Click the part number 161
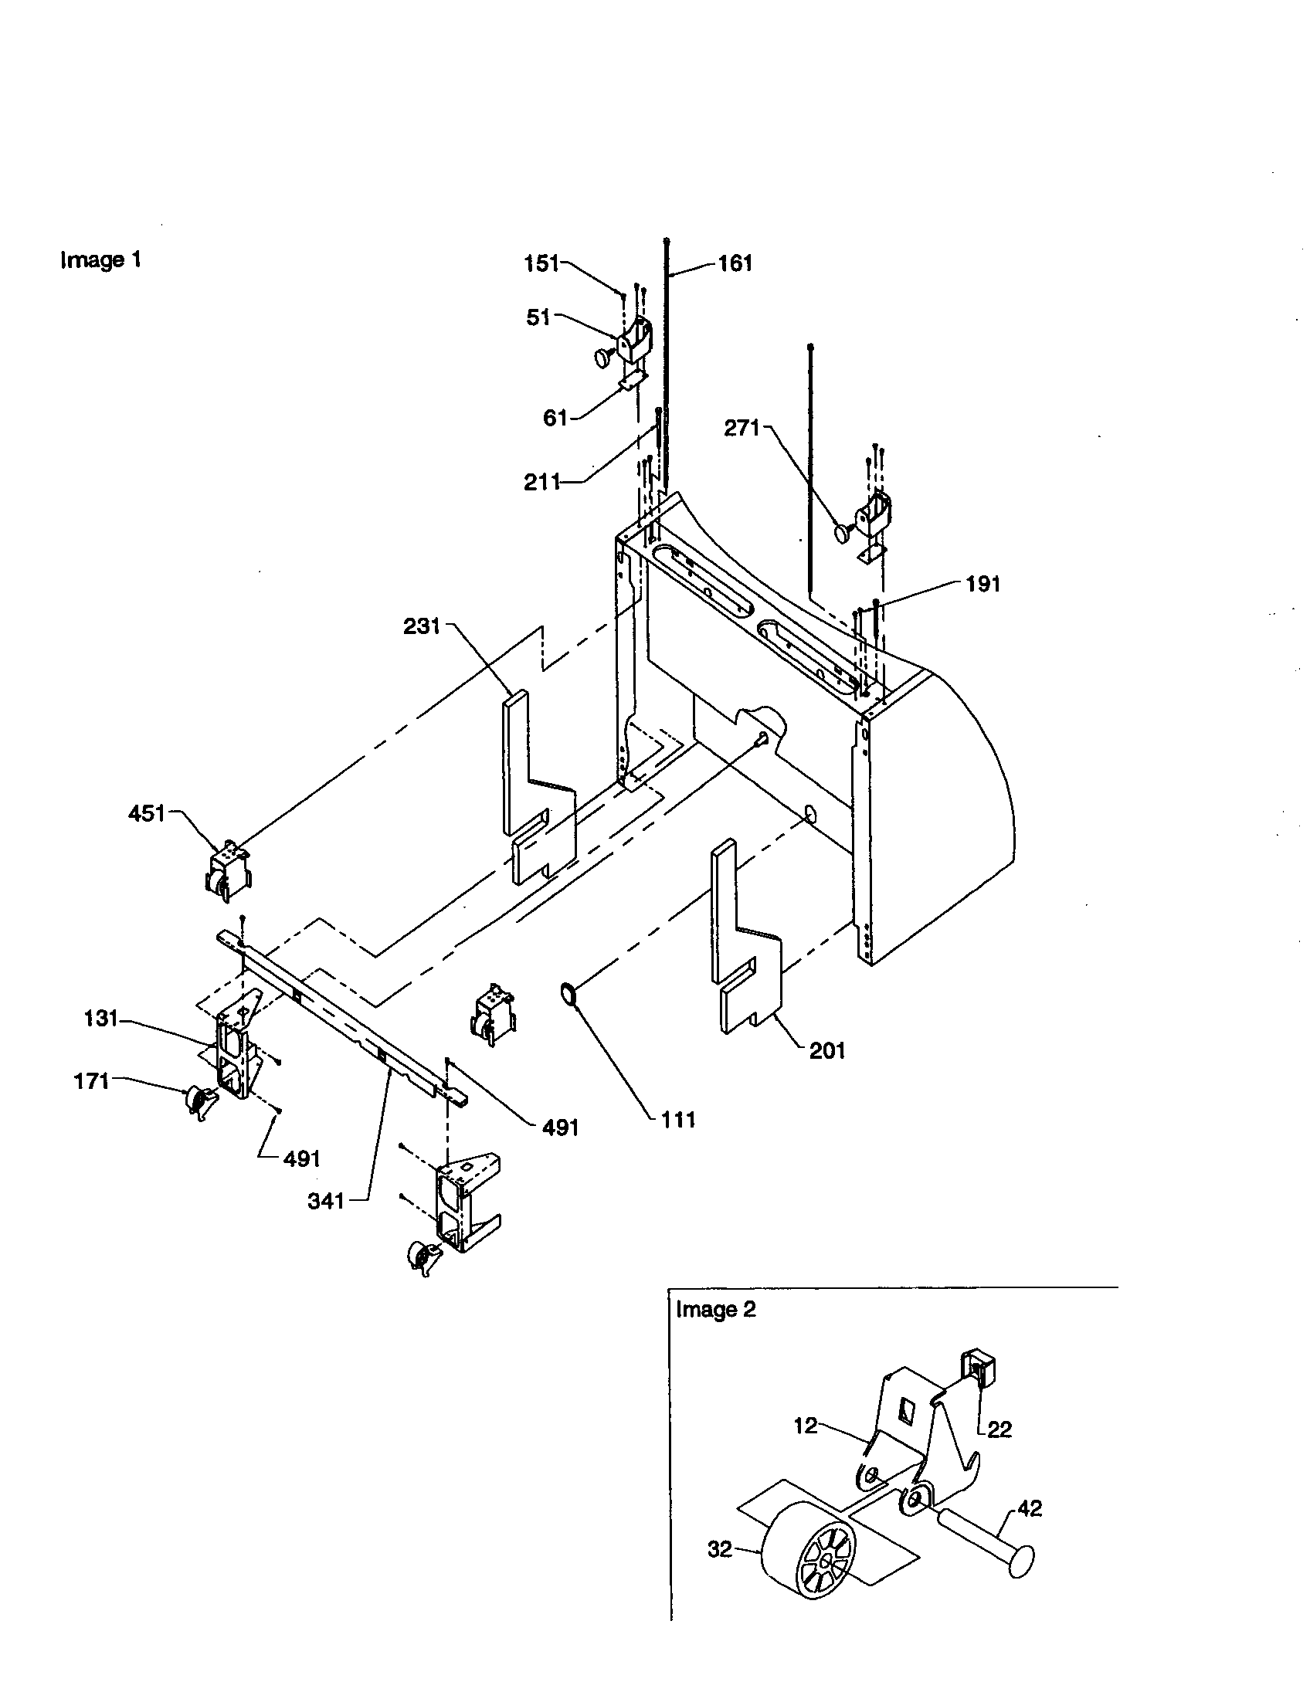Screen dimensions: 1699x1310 click(735, 263)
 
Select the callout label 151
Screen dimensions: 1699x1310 click(541, 263)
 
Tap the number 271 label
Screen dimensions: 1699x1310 click(742, 428)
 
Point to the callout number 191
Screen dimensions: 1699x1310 click(982, 585)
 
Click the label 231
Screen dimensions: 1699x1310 click(423, 626)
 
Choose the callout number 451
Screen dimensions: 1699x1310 click(147, 814)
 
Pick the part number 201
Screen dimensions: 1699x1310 click(827, 1051)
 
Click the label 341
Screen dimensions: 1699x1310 click(326, 1201)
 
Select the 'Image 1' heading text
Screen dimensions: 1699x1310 click(101, 259)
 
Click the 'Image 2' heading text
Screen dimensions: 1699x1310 click(716, 1310)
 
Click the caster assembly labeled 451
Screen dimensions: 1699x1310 click(226, 870)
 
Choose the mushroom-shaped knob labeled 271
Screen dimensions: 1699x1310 click(843, 533)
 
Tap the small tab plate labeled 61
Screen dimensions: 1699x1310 click(631, 381)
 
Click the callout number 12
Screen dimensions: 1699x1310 click(806, 1426)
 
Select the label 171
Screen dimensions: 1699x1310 click(91, 1081)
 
